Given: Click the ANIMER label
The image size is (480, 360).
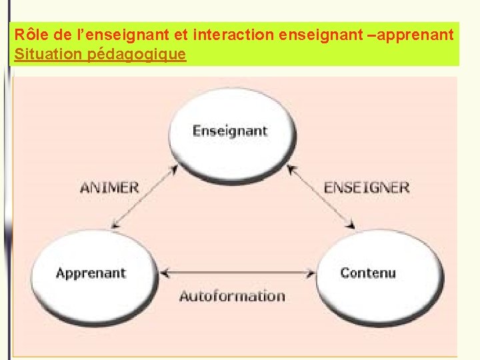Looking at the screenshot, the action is pyautogui.click(x=109, y=187).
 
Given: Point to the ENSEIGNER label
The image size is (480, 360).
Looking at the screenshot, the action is pyautogui.click(x=367, y=187).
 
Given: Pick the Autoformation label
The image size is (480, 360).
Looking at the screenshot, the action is pyautogui.click(x=232, y=296).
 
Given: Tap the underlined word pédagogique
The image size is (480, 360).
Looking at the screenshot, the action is pyautogui.click(x=137, y=55).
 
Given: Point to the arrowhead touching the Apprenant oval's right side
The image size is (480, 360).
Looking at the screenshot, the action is pyautogui.click(x=167, y=273).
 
